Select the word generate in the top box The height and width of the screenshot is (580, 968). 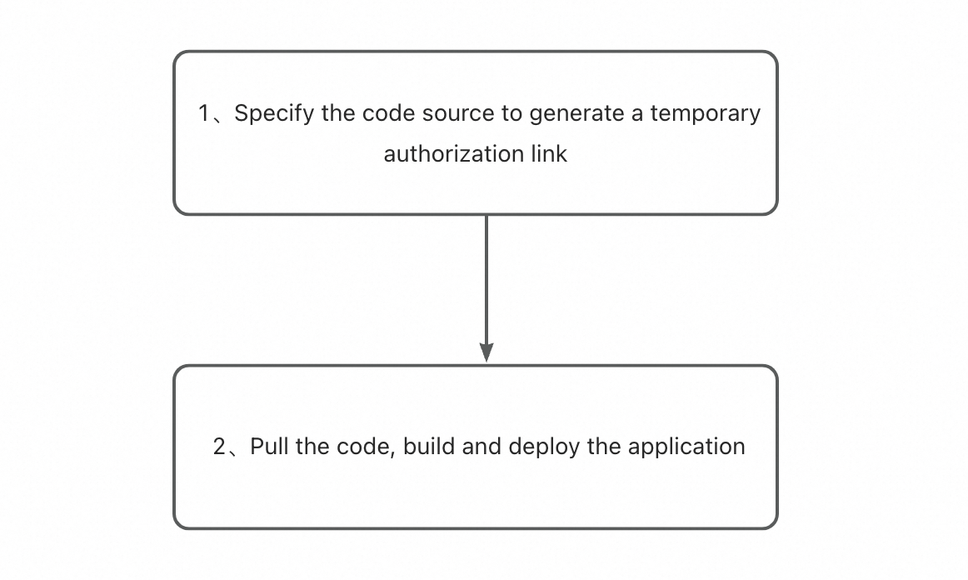[x=576, y=113]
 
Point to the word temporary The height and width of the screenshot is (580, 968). [x=706, y=113]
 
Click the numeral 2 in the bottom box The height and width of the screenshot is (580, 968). [x=220, y=447]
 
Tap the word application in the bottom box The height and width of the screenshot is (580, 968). [x=686, y=447]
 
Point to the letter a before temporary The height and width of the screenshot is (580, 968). [x=637, y=113]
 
